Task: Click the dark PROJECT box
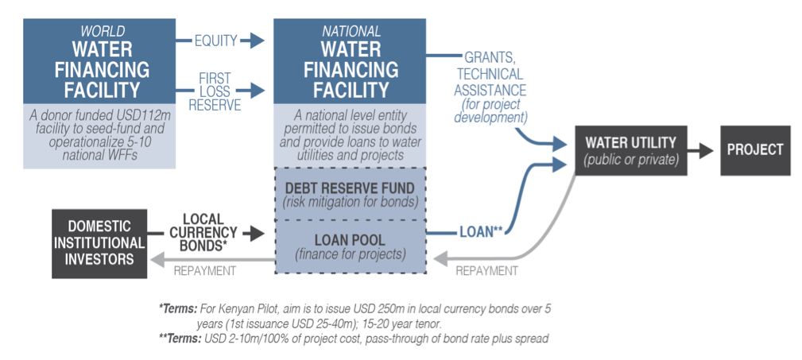click(x=755, y=149)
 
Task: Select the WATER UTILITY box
click(x=630, y=149)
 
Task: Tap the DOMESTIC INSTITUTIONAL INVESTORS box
click(x=99, y=243)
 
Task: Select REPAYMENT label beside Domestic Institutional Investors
click(x=205, y=270)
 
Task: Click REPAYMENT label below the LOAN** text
click(x=486, y=270)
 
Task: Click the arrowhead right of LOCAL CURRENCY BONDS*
click(x=253, y=233)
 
